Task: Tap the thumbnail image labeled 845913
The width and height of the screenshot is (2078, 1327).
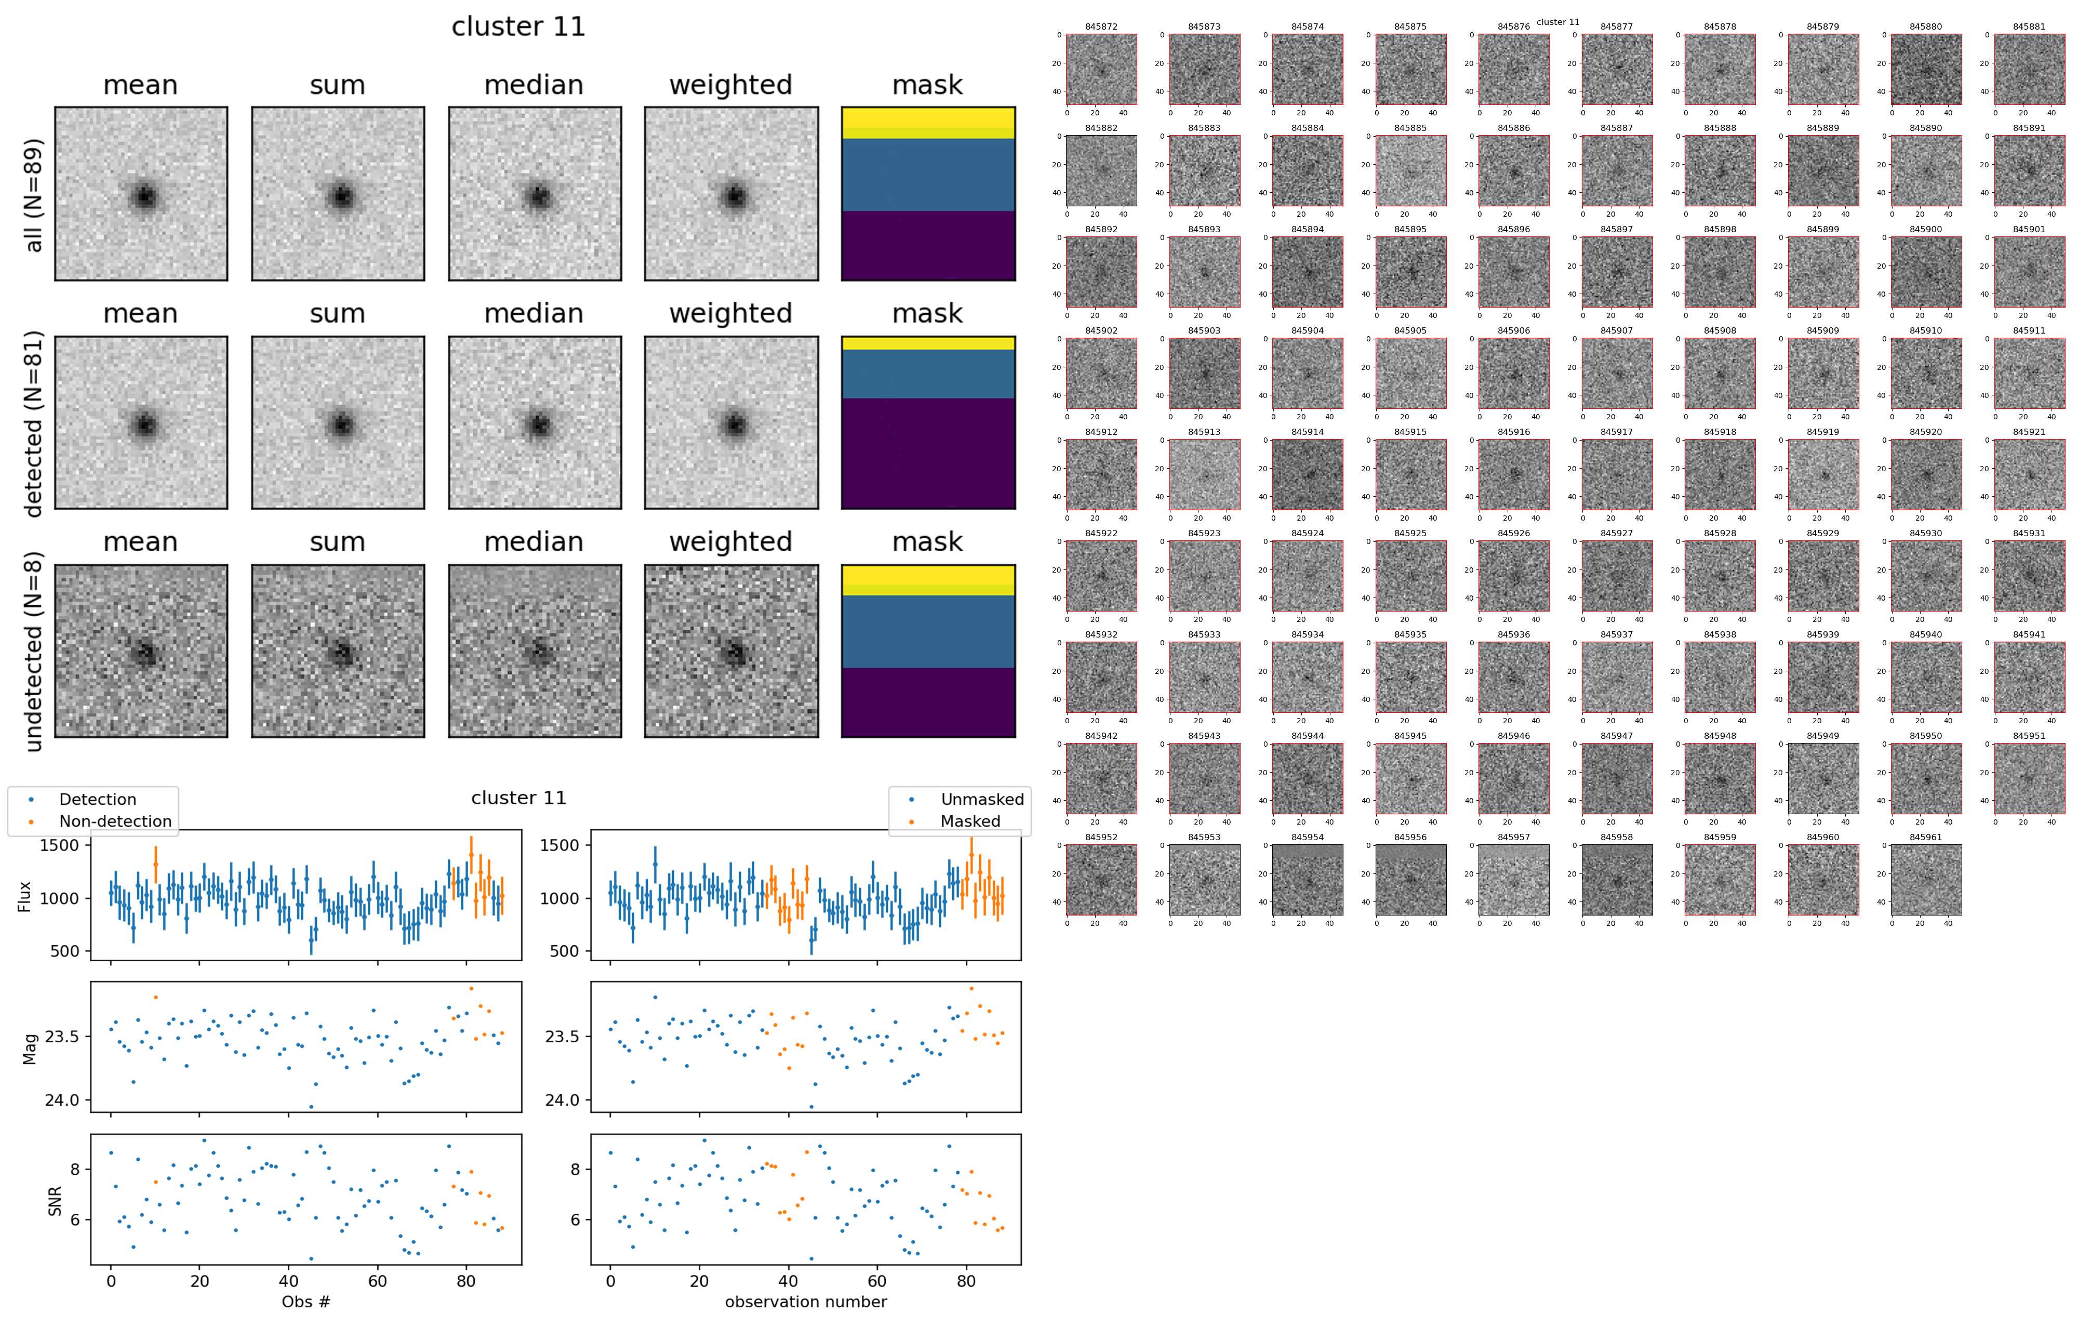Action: click(x=1205, y=474)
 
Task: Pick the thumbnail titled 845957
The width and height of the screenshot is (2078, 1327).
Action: click(x=1514, y=879)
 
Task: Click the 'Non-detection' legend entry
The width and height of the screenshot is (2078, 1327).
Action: click(x=115, y=821)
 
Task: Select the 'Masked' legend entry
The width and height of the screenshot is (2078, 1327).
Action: click(x=970, y=821)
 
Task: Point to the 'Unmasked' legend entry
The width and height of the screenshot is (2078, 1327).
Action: click(x=982, y=800)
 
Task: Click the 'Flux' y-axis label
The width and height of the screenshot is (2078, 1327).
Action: click(x=24, y=896)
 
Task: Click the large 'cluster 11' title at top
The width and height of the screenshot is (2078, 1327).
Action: click(x=518, y=26)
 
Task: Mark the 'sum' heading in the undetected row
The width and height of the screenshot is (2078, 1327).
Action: click(x=338, y=542)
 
